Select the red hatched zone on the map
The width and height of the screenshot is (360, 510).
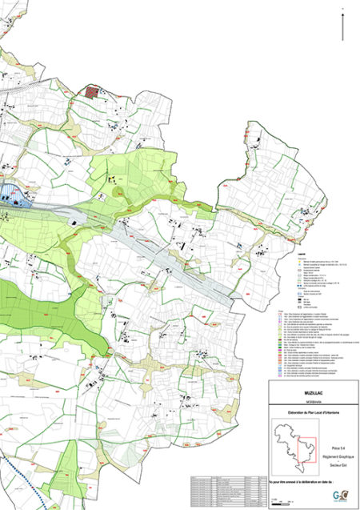(95, 91)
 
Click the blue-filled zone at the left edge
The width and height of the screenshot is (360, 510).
(10, 195)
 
